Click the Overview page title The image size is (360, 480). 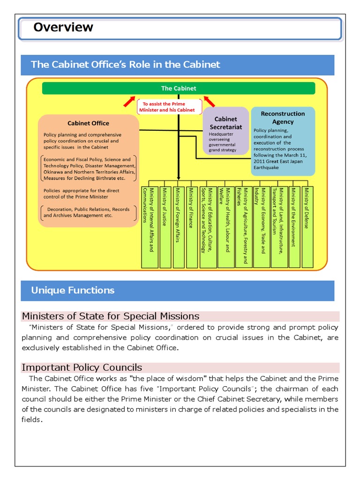(63, 27)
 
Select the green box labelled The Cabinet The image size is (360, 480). (179, 88)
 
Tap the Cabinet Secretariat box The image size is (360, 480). (225, 130)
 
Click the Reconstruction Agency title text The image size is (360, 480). (283, 118)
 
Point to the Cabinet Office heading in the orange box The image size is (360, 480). (88, 123)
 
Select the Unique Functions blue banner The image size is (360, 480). (177, 291)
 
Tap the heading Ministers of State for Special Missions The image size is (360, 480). (111, 316)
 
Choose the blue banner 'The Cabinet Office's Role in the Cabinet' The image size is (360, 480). (177, 65)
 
